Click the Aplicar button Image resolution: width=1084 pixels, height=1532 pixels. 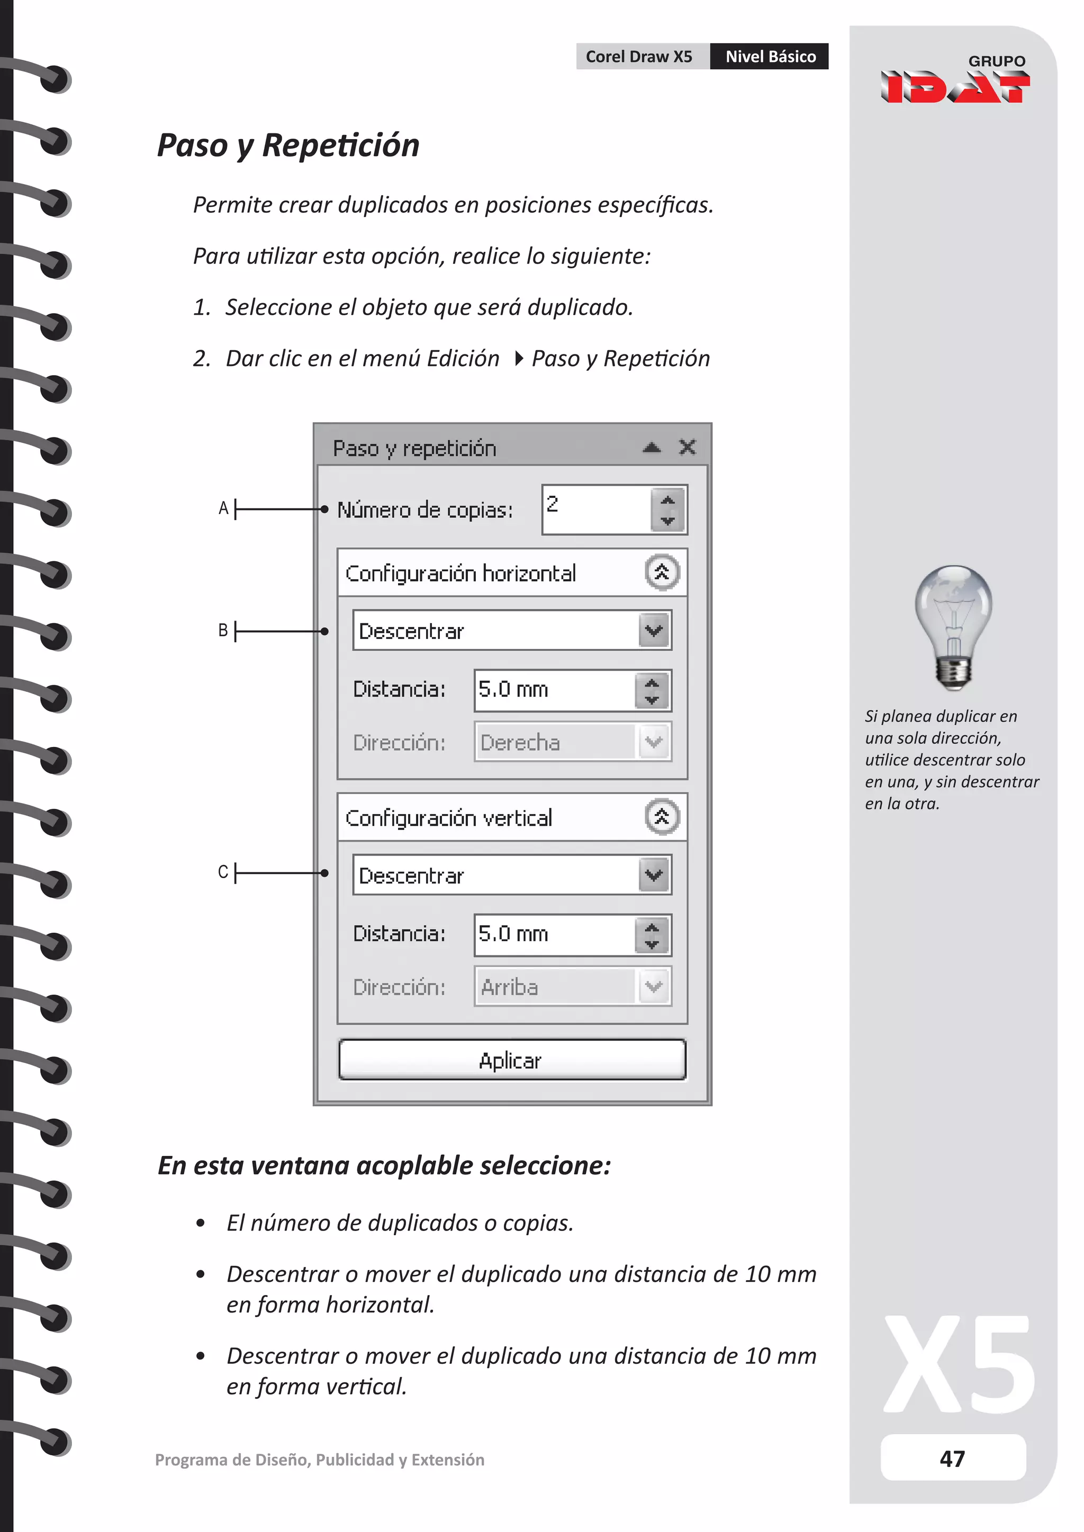click(x=511, y=1060)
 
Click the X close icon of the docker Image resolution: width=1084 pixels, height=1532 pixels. click(x=687, y=447)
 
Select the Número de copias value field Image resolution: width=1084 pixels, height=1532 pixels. click(x=595, y=509)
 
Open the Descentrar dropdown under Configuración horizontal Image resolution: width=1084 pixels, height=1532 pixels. click(x=654, y=631)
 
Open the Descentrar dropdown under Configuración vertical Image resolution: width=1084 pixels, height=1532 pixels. click(x=654, y=875)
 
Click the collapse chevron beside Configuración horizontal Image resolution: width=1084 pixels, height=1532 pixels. click(x=662, y=572)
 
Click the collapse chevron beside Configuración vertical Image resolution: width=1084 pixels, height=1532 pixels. click(x=662, y=817)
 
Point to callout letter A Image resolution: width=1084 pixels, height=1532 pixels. click(x=223, y=508)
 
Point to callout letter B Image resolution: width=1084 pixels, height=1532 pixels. click(x=223, y=630)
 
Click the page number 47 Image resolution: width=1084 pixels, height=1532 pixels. click(x=953, y=1458)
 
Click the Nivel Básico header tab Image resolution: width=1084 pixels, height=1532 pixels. click(x=770, y=57)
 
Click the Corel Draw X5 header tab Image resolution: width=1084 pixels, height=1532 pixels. click(x=639, y=57)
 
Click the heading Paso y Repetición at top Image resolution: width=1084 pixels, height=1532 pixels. click(x=288, y=145)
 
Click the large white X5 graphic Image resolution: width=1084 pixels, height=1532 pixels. click(x=959, y=1365)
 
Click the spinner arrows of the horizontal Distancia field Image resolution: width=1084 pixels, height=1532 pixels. click(x=652, y=690)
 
